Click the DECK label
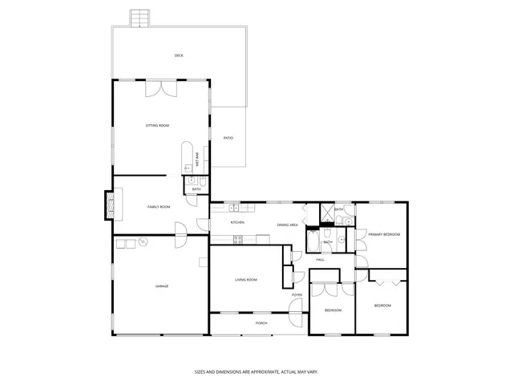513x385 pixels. click(x=179, y=55)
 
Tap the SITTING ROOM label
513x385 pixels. click(x=157, y=126)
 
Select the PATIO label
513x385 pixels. click(x=228, y=138)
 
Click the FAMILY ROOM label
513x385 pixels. click(x=159, y=207)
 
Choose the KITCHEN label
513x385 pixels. click(x=237, y=222)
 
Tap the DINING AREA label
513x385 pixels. click(x=288, y=225)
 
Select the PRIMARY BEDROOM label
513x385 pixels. click(x=384, y=234)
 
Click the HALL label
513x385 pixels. click(x=320, y=259)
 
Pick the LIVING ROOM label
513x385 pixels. click(x=246, y=280)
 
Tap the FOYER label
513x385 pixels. click(x=297, y=295)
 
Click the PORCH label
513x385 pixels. click(x=261, y=322)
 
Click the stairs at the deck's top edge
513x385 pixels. click(x=140, y=18)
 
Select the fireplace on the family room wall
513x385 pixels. click(x=110, y=204)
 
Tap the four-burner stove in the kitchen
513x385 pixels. click(x=238, y=238)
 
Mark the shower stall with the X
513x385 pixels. click(x=326, y=213)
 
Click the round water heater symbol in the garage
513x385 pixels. click(x=143, y=241)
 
